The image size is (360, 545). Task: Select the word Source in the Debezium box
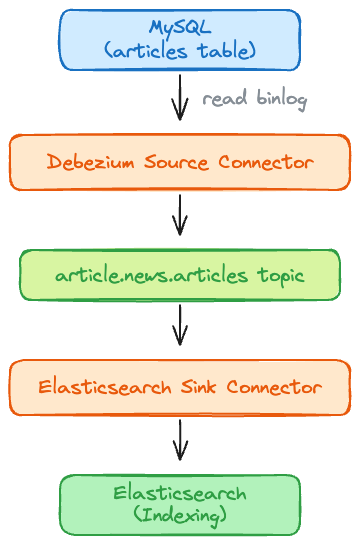pyautogui.click(x=174, y=162)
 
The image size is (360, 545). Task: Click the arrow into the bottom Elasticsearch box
pyautogui.click(x=180, y=440)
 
